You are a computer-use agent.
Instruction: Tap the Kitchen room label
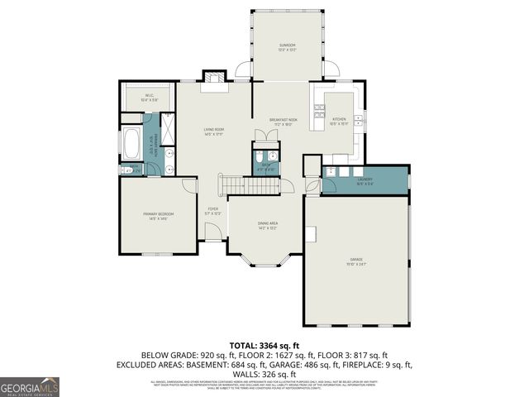point(340,120)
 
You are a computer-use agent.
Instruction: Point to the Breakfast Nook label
point(283,121)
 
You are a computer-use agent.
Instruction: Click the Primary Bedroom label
point(155,216)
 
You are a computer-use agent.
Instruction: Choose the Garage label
point(356,262)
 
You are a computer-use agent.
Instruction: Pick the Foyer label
point(213,211)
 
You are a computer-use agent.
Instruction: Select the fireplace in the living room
point(215,78)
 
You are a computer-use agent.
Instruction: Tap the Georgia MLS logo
point(30,386)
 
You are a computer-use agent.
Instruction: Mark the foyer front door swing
point(212,232)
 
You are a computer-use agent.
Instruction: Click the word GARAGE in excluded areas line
point(325,365)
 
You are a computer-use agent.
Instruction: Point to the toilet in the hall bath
point(259,156)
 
